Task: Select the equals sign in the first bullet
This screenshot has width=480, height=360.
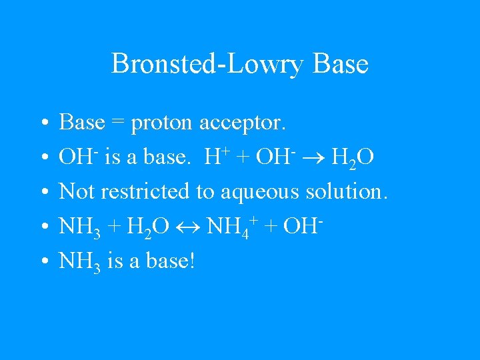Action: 118,123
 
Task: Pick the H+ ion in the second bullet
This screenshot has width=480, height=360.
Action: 215,157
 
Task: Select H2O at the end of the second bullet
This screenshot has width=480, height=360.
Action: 352,159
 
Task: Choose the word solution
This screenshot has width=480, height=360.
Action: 346,191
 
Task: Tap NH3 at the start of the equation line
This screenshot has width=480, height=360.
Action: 79,227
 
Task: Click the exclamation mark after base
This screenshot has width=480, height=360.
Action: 191,261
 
